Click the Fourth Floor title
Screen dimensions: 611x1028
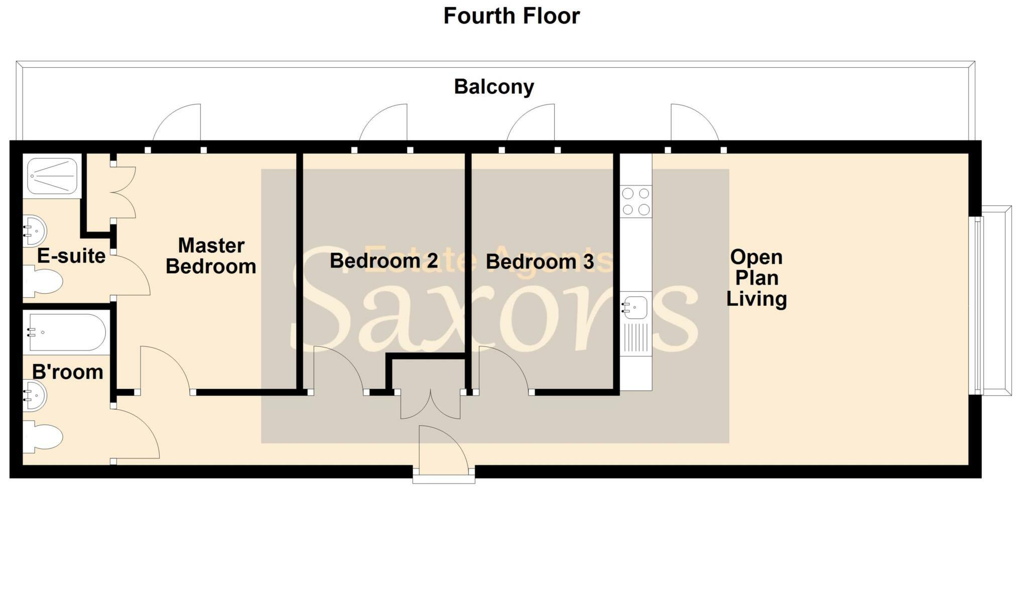[x=511, y=16]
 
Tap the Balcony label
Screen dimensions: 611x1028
[x=494, y=87]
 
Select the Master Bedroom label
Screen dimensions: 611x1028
[x=211, y=256]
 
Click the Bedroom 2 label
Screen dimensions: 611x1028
[x=383, y=261]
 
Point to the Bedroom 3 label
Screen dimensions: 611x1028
[x=540, y=262]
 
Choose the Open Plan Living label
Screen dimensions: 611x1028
[x=756, y=278]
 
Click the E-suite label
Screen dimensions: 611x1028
[x=71, y=257]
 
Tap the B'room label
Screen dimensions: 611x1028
[x=68, y=372]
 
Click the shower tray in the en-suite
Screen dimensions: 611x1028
[x=52, y=176]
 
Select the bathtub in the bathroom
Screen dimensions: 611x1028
[x=67, y=332]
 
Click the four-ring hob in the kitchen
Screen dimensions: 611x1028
[x=635, y=201]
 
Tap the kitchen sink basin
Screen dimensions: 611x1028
[x=635, y=307]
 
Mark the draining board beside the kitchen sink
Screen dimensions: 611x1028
[x=635, y=338]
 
